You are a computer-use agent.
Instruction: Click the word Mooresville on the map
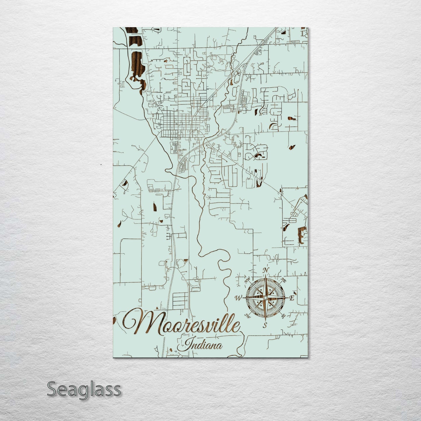(182, 323)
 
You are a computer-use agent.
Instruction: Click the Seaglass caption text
(84, 389)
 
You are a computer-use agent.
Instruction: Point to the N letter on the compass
(265, 270)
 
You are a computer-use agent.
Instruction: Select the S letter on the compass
(265, 325)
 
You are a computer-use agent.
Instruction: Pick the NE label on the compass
(283, 281)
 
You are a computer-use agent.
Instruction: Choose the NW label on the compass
(248, 281)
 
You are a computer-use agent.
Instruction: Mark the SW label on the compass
(248, 316)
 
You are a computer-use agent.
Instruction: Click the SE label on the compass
(283, 316)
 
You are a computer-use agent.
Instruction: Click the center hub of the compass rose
(265, 297)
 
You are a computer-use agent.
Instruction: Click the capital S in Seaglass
(53, 389)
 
